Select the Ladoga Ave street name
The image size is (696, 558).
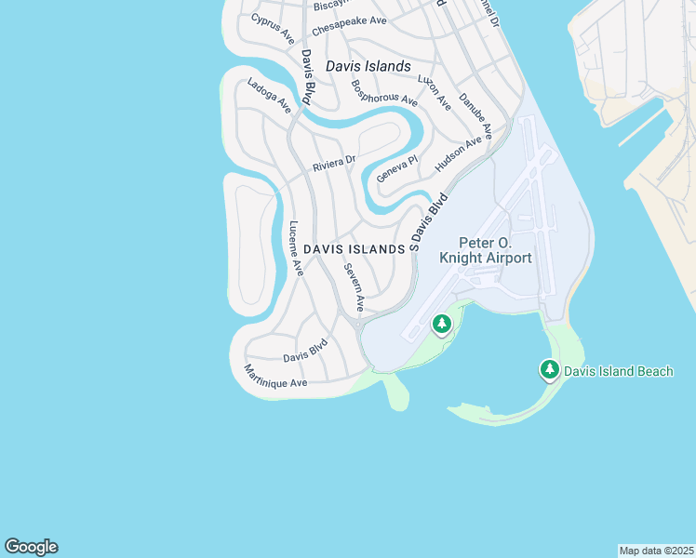click(x=269, y=97)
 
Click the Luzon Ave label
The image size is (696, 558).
click(x=435, y=92)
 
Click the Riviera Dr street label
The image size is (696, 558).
click(x=334, y=164)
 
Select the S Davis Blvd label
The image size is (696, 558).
click(x=429, y=221)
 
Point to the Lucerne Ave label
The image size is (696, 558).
click(x=296, y=248)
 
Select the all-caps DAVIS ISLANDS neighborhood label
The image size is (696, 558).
click(x=355, y=249)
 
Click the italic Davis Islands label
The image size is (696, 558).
click(x=368, y=67)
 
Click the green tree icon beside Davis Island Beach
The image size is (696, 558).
click(x=550, y=370)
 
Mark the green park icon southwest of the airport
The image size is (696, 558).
click(x=442, y=325)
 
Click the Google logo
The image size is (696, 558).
click(x=31, y=547)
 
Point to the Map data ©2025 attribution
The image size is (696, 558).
click(x=656, y=551)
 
